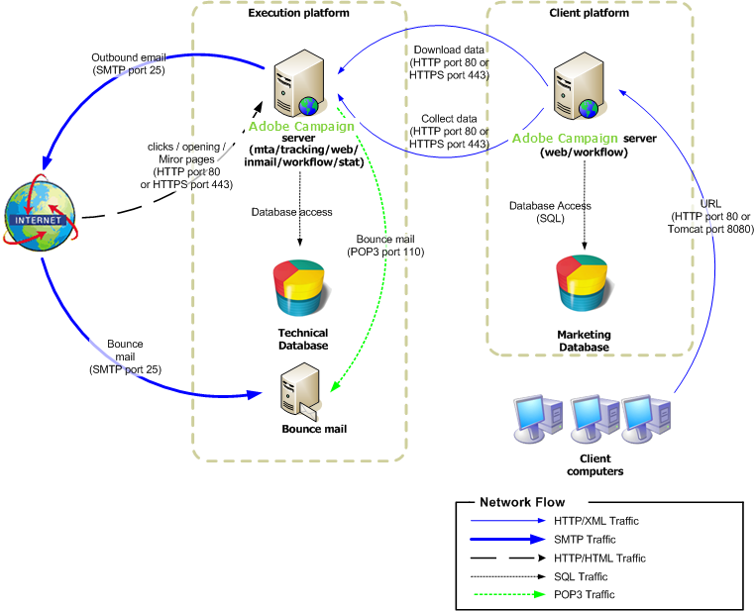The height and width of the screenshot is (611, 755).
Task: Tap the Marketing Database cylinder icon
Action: click(x=583, y=283)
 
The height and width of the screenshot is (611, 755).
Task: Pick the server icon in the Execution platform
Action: click(x=296, y=86)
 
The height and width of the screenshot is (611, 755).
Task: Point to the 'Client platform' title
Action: click(x=589, y=13)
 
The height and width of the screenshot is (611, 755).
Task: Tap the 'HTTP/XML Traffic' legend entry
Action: click(x=595, y=521)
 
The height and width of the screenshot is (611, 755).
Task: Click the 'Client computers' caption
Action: click(x=594, y=465)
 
